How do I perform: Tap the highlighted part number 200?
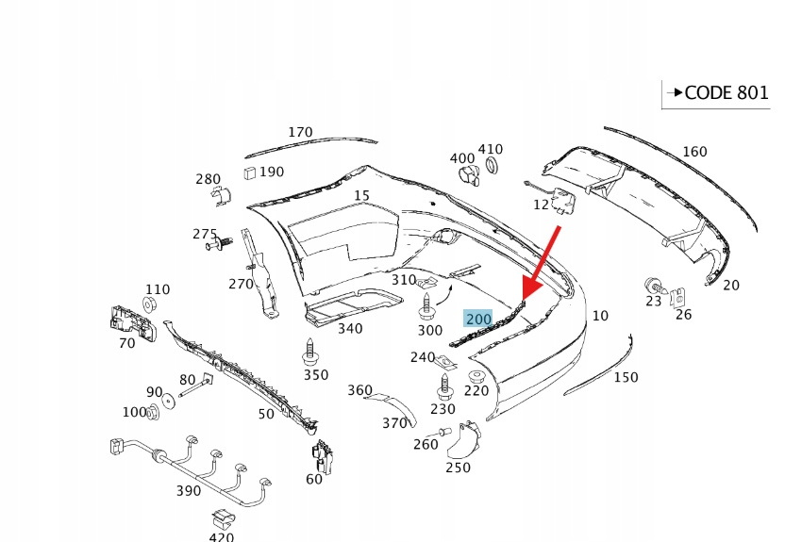pyautogui.click(x=478, y=320)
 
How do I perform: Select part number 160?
pyautogui.click(x=693, y=152)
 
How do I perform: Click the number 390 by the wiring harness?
pyautogui.click(x=189, y=491)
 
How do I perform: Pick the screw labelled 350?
pyautogui.click(x=309, y=353)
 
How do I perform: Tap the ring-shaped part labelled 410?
pyautogui.click(x=491, y=167)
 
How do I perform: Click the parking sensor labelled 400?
pyautogui.click(x=467, y=174)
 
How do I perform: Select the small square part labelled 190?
pyautogui.click(x=250, y=172)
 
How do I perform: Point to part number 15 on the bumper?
pyautogui.click(x=362, y=196)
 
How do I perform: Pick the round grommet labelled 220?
pyautogui.click(x=476, y=376)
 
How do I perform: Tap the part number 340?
pyautogui.click(x=350, y=329)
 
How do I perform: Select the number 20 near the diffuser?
pyautogui.click(x=731, y=285)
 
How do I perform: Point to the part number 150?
pyautogui.click(x=626, y=377)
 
